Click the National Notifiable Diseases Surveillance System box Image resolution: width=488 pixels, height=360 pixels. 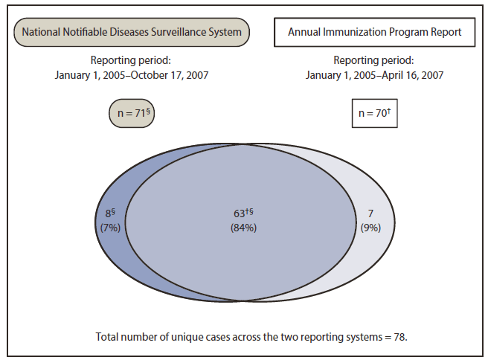[131, 32]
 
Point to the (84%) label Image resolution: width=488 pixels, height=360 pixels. [244, 228]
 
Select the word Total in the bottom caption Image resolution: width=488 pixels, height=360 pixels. [108, 336]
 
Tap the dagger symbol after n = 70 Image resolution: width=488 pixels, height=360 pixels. [385, 111]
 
